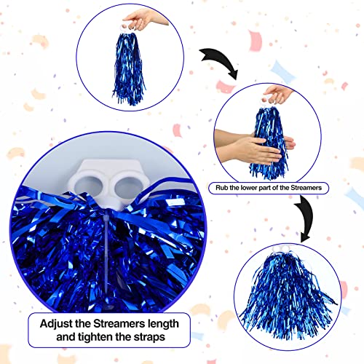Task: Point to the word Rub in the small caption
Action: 221,188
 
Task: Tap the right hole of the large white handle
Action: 127,188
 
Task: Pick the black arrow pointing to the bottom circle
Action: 306,218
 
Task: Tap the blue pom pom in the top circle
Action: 129,69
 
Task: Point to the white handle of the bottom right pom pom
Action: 282,248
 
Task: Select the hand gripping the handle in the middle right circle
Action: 278,93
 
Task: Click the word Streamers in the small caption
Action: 306,188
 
